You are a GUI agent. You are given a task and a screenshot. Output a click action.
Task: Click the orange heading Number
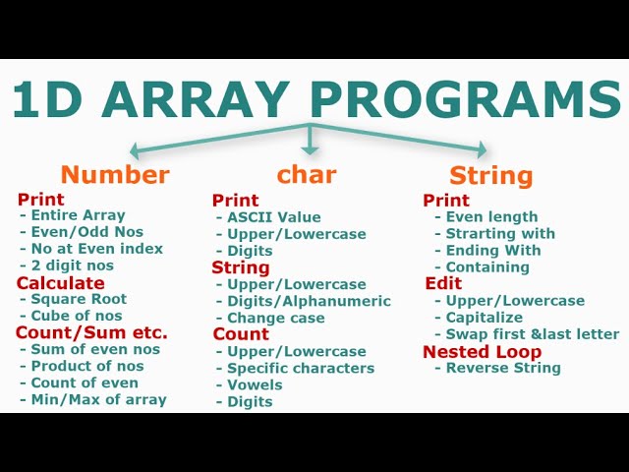[115, 175]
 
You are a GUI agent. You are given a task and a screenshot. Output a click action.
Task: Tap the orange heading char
[307, 174]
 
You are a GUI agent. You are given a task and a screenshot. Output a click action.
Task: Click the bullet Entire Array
[78, 215]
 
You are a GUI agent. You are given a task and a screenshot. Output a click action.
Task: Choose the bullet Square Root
[79, 299]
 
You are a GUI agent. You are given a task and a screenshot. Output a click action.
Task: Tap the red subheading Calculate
[60, 282]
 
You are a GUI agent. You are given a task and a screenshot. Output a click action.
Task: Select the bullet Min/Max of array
[98, 399]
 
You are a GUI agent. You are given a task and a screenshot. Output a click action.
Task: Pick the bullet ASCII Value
[273, 217]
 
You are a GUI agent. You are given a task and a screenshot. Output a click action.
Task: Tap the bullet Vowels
[255, 384]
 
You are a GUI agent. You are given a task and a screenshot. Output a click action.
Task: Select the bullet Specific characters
[300, 368]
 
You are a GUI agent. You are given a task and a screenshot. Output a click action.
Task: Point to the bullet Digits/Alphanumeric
[309, 301]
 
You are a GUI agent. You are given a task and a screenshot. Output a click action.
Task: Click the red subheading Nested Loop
[482, 351]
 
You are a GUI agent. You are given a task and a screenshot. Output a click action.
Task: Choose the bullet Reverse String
[503, 368]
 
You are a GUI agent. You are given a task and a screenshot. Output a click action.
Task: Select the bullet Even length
[491, 217]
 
